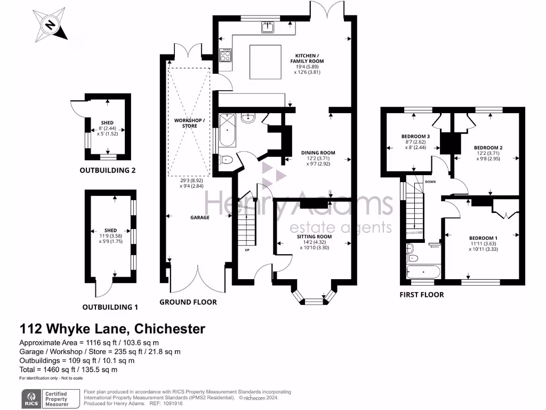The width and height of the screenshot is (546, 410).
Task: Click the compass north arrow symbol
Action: [x=51, y=25]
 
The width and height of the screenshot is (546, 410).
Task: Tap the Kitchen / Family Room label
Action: [x=311, y=58]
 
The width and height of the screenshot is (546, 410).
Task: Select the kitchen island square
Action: [x=266, y=61]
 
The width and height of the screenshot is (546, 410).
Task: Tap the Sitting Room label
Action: [x=315, y=236]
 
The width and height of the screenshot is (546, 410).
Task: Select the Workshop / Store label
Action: [x=189, y=123]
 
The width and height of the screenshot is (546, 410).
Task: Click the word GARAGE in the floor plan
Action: [x=200, y=217]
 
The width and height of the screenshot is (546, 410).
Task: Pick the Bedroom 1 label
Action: [x=483, y=238]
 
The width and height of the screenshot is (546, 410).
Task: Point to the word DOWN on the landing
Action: [x=431, y=182]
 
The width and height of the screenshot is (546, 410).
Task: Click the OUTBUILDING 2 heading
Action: [x=108, y=171]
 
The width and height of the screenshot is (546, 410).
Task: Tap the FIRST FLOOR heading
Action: [x=422, y=294]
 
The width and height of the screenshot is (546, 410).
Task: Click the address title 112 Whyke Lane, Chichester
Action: [x=113, y=329]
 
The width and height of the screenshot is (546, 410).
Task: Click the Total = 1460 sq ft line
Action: [x=68, y=369]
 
